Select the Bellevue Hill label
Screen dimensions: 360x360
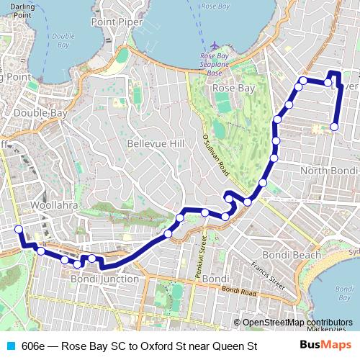156,143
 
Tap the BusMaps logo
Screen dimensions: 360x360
325,346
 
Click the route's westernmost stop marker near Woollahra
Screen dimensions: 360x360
19,230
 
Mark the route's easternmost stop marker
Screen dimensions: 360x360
334,127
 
